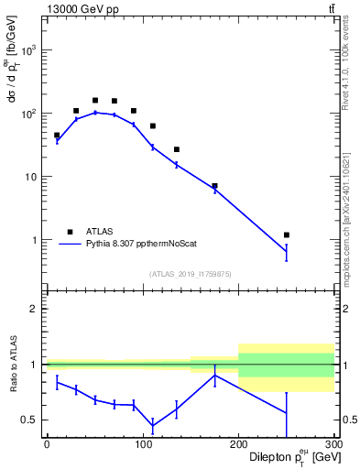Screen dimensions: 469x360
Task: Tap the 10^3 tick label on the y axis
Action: click(30, 50)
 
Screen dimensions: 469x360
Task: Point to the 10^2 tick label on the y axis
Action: click(30, 114)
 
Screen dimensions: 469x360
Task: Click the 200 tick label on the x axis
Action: click(238, 444)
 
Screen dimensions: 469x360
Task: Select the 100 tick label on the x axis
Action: click(142, 444)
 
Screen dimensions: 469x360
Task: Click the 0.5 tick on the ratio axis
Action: click(31, 420)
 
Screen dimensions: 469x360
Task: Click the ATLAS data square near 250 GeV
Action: click(287, 235)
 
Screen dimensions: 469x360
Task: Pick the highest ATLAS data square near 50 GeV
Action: click(95, 100)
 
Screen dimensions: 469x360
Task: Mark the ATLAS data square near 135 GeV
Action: click(177, 149)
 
